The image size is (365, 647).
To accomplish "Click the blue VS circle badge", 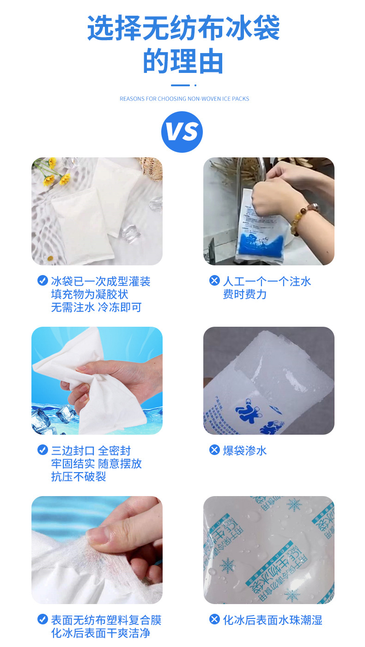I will click(182, 132).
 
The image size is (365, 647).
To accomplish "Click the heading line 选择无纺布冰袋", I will click(183, 28).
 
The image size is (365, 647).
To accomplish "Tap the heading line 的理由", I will click(183, 61).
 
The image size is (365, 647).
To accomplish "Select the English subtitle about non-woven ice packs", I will click(184, 99).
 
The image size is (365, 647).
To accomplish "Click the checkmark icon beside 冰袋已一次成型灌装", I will click(43, 281).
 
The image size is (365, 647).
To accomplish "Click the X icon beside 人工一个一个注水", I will click(214, 281).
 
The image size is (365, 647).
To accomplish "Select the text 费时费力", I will click(245, 294).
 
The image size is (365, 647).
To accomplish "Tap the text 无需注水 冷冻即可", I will click(96, 307).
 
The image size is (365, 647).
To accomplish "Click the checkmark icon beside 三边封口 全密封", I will click(43, 450).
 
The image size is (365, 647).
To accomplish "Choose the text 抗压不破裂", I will click(79, 477).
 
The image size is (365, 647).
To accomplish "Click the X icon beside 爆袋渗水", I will click(214, 450).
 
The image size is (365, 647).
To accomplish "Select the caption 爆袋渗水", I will click(245, 450).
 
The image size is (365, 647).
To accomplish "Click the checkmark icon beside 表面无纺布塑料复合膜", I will click(43, 619).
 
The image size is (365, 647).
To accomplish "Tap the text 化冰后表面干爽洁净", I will click(101, 633).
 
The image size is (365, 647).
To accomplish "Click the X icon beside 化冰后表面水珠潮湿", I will click(214, 619).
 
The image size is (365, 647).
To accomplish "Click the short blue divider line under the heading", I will click(181, 85).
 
